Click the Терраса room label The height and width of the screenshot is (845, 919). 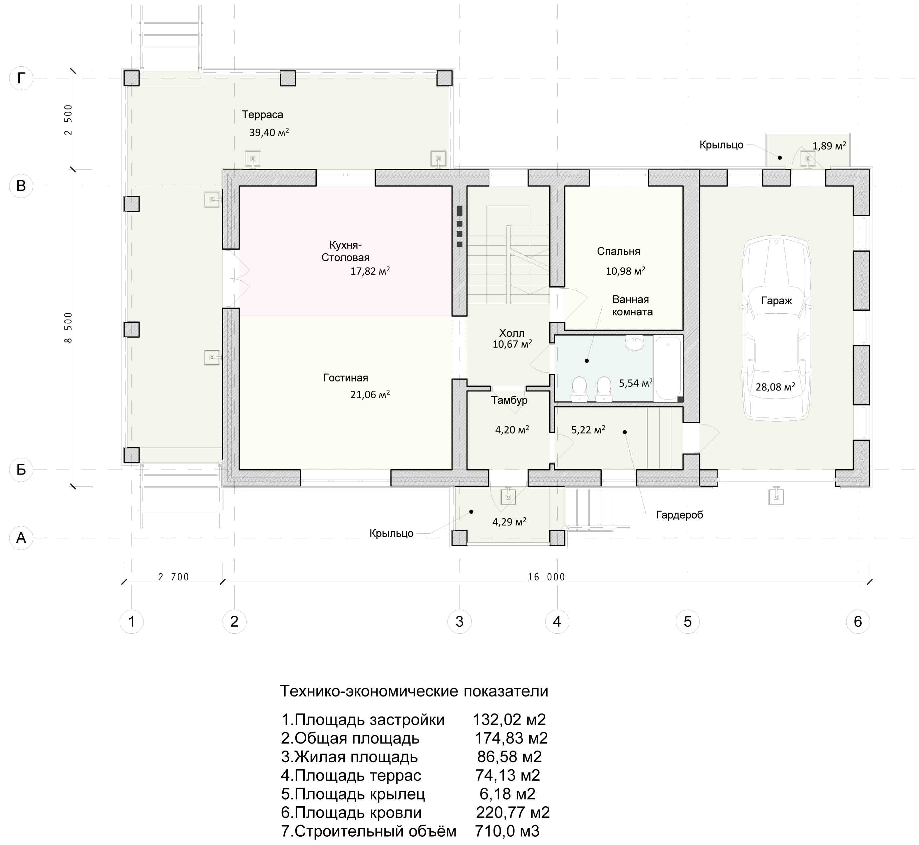click(262, 115)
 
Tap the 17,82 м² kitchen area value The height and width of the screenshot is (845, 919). click(370, 271)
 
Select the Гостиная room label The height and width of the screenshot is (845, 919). click(346, 378)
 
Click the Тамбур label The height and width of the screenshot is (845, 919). click(509, 400)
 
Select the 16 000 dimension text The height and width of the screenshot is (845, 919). click(546, 577)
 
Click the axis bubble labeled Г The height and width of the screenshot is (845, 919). click(21, 78)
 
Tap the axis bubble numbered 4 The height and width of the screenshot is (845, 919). click(557, 621)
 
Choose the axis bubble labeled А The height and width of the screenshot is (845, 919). click(21, 538)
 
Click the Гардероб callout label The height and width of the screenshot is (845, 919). click(679, 515)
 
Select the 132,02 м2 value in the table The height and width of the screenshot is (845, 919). click(509, 720)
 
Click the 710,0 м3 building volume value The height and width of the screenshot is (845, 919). click(507, 831)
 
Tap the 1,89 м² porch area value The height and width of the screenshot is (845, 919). click(829, 146)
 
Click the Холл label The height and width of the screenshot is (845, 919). click(512, 333)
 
